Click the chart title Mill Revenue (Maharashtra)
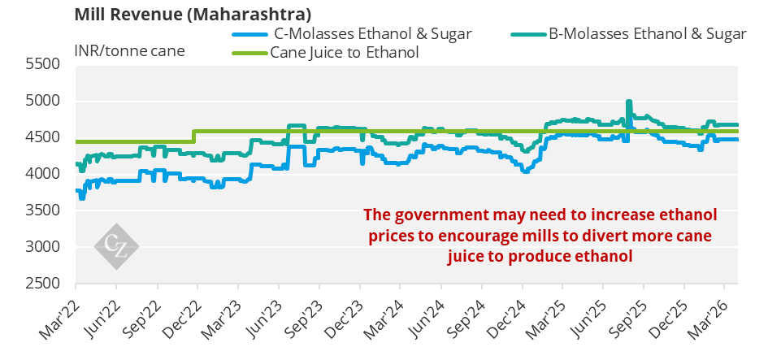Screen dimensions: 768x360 click(193, 14)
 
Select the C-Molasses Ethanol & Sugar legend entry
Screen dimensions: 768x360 click(352, 34)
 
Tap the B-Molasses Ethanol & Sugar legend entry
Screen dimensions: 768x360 click(629, 34)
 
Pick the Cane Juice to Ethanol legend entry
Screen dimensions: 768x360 click(325, 52)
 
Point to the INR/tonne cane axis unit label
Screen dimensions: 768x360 click(130, 50)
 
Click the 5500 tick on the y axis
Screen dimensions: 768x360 click(41, 64)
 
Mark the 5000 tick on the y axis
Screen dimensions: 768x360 click(41, 101)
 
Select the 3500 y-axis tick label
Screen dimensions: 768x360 click(41, 210)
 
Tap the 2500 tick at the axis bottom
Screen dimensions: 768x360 click(41, 283)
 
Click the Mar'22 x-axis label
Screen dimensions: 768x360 click(59, 319)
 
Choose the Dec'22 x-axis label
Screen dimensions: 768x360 click(180, 319)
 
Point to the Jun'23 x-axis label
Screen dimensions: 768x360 click(262, 319)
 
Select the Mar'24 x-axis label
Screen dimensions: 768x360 click(384, 319)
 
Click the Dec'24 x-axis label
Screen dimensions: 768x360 click(505, 319)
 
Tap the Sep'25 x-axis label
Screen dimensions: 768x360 click(627, 319)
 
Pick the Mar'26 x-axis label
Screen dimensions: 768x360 click(707, 319)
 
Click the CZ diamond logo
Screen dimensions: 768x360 click(116, 246)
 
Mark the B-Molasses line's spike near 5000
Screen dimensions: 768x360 click(629, 102)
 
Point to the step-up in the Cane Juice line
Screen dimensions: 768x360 click(194, 137)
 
